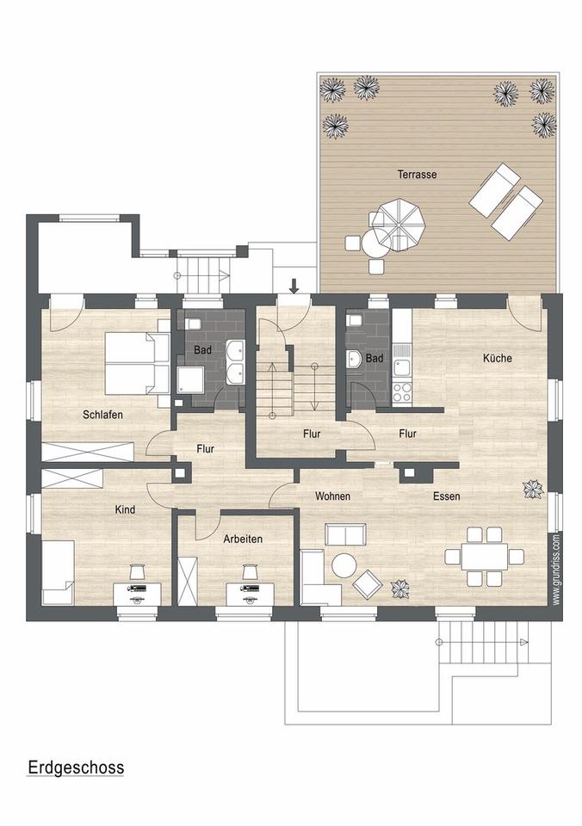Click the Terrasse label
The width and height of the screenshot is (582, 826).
pyautogui.click(x=417, y=174)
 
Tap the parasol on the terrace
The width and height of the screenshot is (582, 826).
pyautogui.click(x=398, y=221)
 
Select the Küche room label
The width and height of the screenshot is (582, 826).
pyautogui.click(x=498, y=358)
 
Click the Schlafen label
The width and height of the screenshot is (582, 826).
pyautogui.click(x=102, y=415)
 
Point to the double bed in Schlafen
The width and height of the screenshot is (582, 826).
pyautogui.click(x=136, y=363)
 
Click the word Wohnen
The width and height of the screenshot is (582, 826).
pyautogui.click(x=332, y=496)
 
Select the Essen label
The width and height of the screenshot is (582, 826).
pyautogui.click(x=447, y=496)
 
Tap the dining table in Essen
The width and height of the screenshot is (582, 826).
pyautogui.click(x=483, y=556)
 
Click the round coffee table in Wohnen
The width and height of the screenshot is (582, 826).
pyautogui.click(x=344, y=565)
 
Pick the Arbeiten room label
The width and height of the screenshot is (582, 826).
pyautogui.click(x=243, y=539)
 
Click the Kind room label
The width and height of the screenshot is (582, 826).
pyautogui.click(x=126, y=509)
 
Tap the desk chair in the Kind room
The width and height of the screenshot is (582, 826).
pyautogui.click(x=137, y=571)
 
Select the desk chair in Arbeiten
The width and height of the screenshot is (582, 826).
pyautogui.click(x=250, y=571)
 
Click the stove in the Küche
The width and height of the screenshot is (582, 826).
pyautogui.click(x=402, y=391)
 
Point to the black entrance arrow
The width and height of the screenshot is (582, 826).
pyautogui.click(x=294, y=286)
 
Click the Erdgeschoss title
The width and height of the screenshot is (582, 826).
pyautogui.click(x=76, y=767)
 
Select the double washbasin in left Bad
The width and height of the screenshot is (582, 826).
pyautogui.click(x=235, y=362)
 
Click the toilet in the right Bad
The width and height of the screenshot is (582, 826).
pyautogui.click(x=354, y=320)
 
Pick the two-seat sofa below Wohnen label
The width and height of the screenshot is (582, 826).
pyautogui.click(x=344, y=535)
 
